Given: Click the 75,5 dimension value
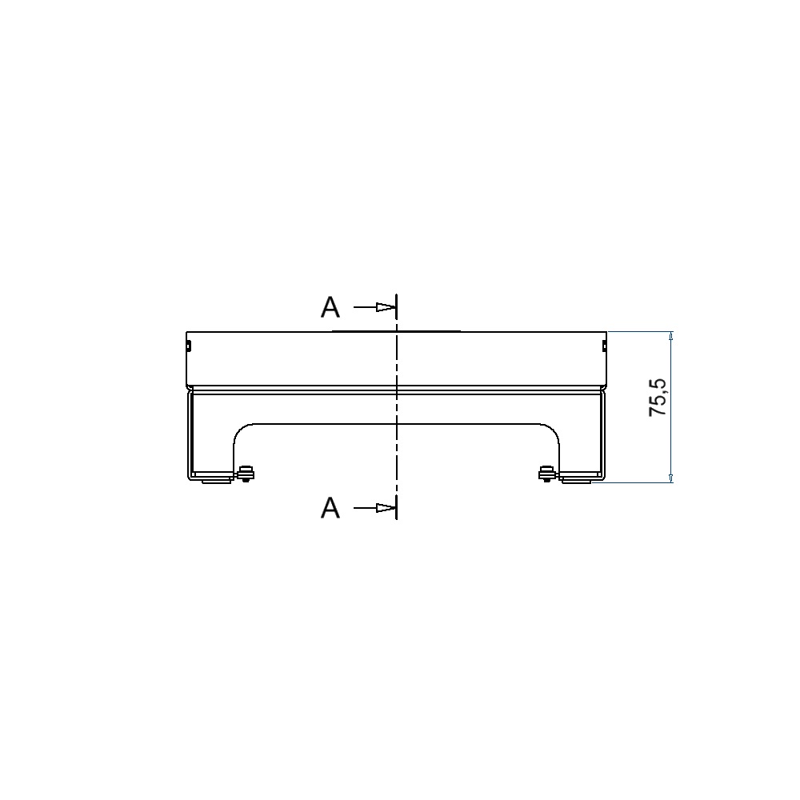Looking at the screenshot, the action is point(658,398).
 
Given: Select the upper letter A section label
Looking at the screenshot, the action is point(330,308).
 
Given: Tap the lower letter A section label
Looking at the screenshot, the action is point(330,508).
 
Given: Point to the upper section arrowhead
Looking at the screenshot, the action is point(386,307).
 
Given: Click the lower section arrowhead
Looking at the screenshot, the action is point(386,508).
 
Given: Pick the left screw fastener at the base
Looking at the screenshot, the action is point(246,474).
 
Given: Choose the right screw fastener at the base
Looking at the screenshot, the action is point(546,474).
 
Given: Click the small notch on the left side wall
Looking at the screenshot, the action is point(188,346).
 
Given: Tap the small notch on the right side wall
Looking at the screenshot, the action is point(604,346).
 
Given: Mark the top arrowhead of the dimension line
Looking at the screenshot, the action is point(671,336).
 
